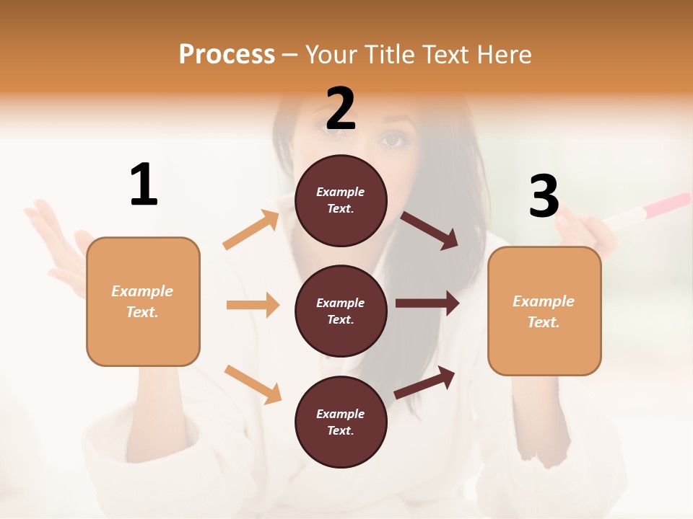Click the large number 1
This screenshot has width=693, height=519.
[x=144, y=185]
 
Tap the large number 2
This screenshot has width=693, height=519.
[x=341, y=109]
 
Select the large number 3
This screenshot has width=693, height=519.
[x=544, y=196]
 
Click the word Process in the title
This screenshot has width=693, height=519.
[x=227, y=54]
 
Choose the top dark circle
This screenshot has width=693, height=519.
[x=341, y=200]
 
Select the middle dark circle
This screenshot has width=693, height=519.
[x=341, y=311]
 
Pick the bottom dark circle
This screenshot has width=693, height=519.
[x=341, y=422]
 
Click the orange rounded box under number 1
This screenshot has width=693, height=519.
[x=143, y=301]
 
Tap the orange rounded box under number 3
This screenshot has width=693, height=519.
[x=544, y=311]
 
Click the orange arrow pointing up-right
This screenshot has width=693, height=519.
[x=251, y=229]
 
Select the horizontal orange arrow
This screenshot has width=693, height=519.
[x=253, y=305]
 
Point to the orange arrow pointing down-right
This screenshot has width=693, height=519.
[x=253, y=383]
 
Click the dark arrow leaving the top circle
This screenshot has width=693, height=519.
[x=429, y=230]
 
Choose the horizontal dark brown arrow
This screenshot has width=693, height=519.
[x=427, y=303]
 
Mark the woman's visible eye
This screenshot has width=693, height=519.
[x=394, y=140]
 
